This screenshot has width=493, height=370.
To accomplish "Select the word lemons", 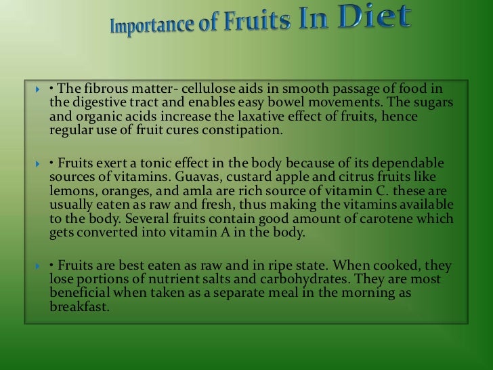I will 71,190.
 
